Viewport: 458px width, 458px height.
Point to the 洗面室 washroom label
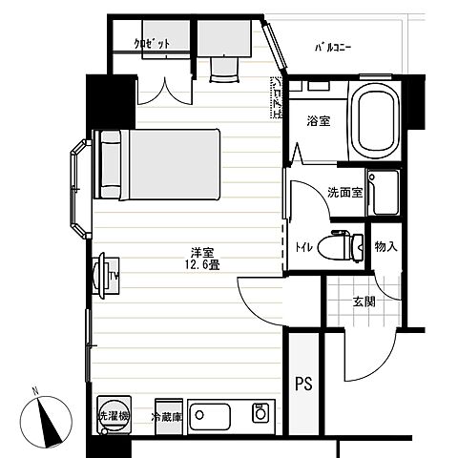(344, 192)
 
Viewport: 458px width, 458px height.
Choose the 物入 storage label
(385, 247)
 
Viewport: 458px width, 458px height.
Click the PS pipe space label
(303, 385)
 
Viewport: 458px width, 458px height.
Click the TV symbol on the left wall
(105, 274)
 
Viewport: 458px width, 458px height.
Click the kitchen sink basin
(211, 415)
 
